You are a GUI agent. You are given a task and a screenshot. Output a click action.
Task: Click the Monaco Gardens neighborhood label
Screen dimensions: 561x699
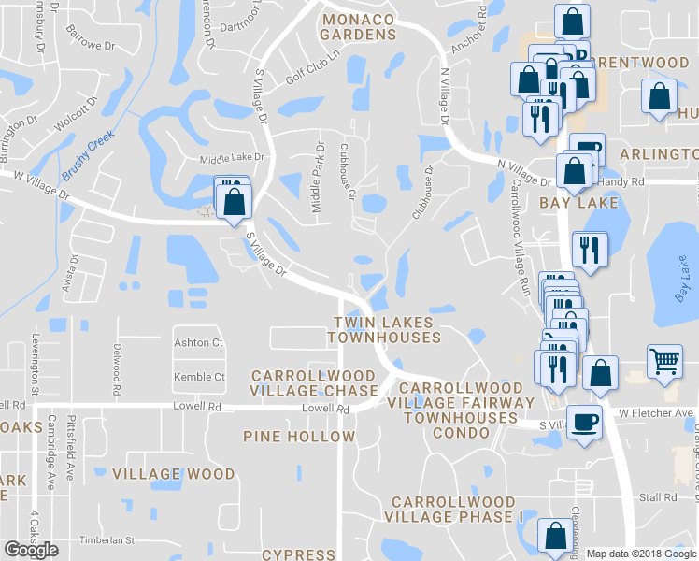click(x=359, y=26)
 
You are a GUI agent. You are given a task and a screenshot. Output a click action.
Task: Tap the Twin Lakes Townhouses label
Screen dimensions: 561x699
click(x=384, y=329)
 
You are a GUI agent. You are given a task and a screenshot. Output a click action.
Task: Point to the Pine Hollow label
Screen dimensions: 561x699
click(x=299, y=437)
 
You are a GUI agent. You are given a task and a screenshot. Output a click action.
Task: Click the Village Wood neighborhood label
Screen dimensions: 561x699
click(x=174, y=474)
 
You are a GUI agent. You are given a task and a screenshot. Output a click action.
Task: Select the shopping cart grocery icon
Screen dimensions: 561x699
click(x=663, y=360)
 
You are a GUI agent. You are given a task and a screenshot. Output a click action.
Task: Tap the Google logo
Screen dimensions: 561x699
click(x=31, y=550)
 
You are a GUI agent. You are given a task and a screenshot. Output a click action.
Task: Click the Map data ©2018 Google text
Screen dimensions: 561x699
click(x=641, y=554)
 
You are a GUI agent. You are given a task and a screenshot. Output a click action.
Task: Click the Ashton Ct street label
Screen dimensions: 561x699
click(x=198, y=343)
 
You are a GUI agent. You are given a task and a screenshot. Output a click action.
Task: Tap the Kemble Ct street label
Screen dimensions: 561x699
click(x=199, y=378)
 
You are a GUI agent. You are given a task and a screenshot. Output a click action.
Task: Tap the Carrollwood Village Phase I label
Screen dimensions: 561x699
click(x=453, y=510)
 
